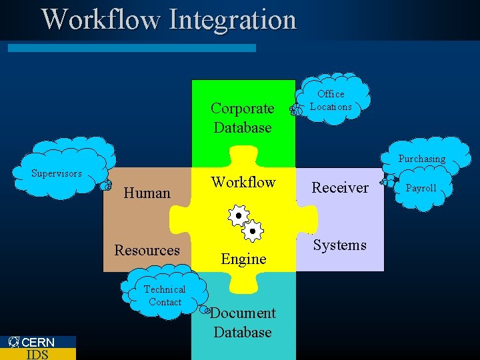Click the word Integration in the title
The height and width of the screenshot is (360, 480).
point(233,20)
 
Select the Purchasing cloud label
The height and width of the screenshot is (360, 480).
point(421,159)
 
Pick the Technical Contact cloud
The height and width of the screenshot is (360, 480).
point(165,295)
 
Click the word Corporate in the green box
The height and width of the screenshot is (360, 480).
point(242,109)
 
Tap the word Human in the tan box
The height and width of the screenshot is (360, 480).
point(147,193)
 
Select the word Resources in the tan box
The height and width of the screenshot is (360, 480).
point(147,250)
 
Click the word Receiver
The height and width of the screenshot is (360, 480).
point(340,188)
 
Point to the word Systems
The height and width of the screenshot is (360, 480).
point(340,245)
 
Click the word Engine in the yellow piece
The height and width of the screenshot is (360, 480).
point(243,259)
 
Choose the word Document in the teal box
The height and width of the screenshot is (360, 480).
point(243,313)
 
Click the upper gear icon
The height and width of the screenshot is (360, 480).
point(238,215)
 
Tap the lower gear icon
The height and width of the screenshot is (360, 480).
point(253,231)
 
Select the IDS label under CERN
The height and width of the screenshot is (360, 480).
point(37,355)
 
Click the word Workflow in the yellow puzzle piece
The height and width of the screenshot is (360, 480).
point(243,183)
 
